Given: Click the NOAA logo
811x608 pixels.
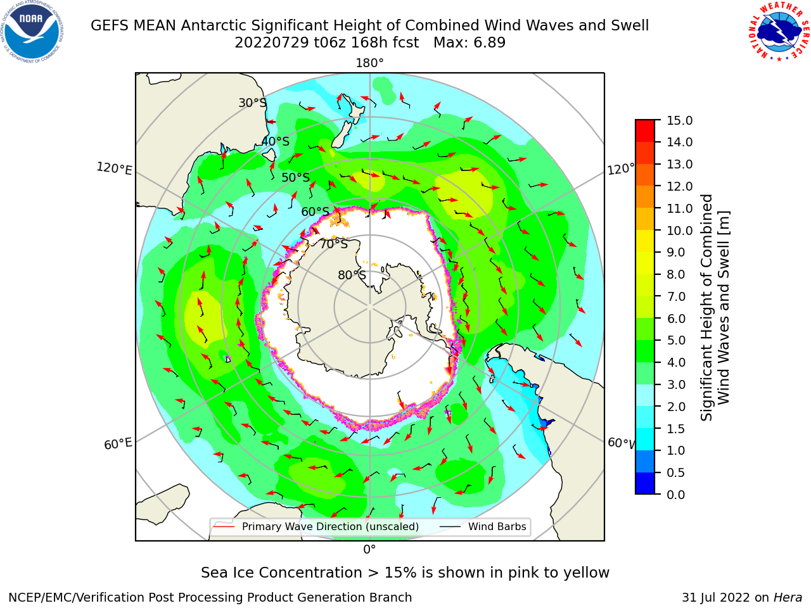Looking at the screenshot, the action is point(32,32).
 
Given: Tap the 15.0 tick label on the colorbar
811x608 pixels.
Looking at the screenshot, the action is point(679,120).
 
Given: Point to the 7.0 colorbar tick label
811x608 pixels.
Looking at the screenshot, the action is point(676,296).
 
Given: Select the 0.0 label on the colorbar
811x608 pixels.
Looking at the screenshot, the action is point(676,495).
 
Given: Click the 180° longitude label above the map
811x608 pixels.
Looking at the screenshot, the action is point(369,63).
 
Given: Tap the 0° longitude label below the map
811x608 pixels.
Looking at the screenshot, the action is point(369,550).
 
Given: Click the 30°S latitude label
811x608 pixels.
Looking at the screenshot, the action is point(252,103).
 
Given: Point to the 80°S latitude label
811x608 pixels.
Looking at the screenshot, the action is point(352,275).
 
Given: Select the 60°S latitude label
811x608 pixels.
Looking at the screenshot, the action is point(315,212).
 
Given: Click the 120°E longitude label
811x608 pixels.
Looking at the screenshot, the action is point(114,168).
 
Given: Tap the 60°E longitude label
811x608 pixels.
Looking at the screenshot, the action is point(118,443).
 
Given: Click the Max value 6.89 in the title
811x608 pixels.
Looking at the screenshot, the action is point(469,43).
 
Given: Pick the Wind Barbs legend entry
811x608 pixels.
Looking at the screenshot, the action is point(484,526).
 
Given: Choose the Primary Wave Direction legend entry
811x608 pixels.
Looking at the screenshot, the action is point(316,526).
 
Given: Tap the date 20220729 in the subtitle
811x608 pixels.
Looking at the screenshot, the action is point(272,43).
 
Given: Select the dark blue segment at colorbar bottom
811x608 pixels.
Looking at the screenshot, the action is point(645,484).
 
